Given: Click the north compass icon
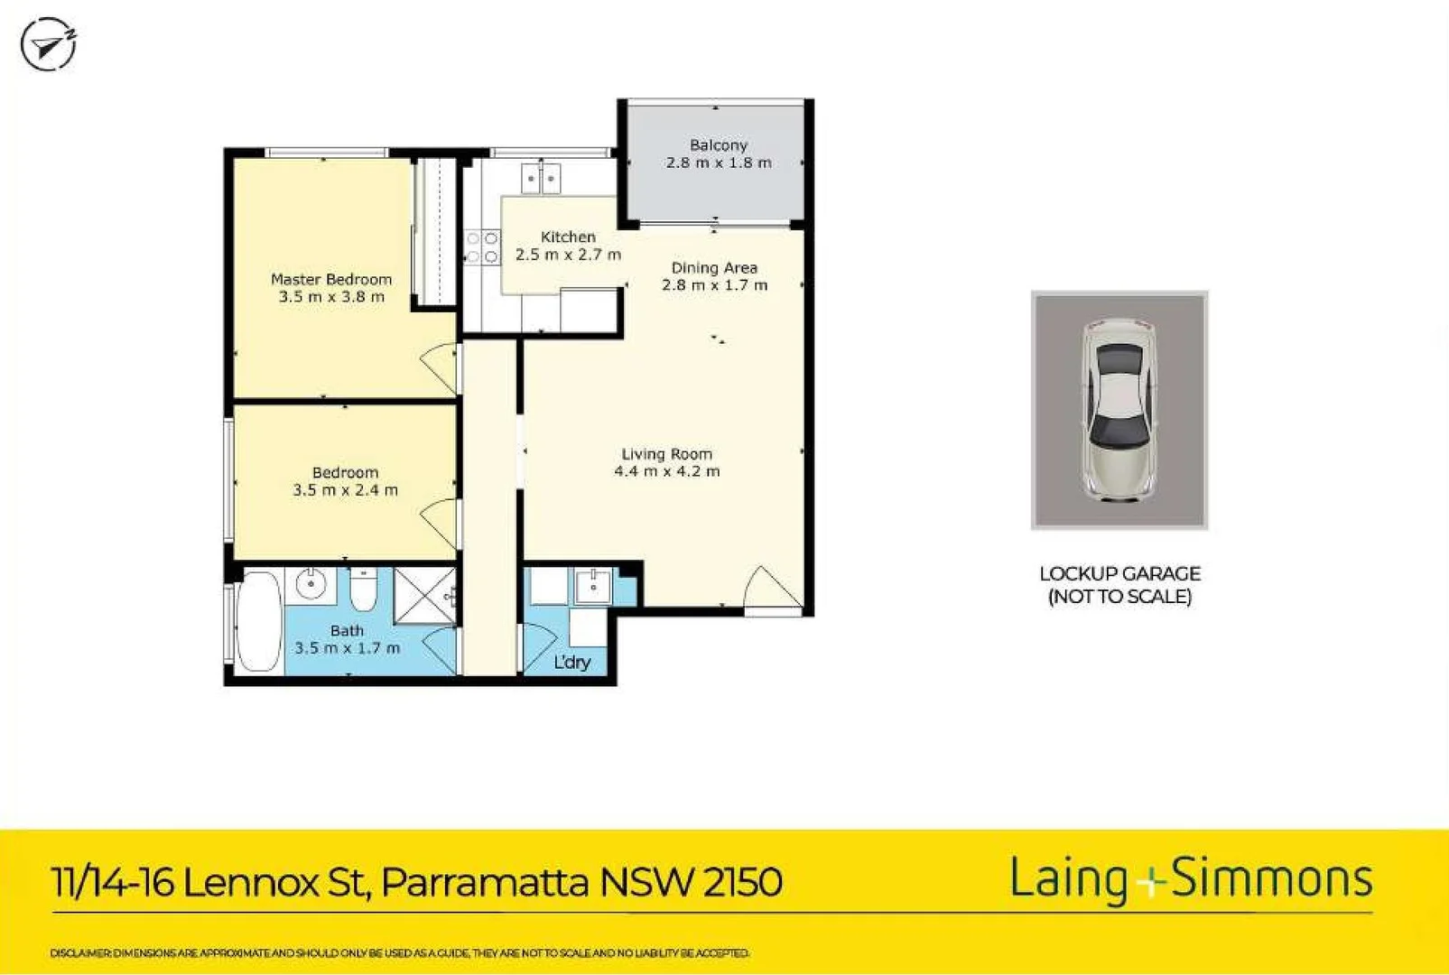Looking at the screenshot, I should [x=48, y=44].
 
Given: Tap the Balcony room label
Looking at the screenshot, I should [x=718, y=145].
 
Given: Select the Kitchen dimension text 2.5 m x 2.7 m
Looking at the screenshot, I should [x=568, y=255].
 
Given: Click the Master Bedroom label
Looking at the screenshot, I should [x=331, y=280].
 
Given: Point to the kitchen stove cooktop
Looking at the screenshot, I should [x=481, y=247].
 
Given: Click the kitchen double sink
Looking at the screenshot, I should [x=541, y=179].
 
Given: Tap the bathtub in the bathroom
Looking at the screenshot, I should [x=260, y=621].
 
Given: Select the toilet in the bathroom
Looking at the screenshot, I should [x=364, y=590].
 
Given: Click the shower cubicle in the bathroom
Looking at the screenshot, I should [x=425, y=595].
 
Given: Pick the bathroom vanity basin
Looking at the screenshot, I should [x=311, y=584].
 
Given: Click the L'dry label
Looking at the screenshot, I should [x=571, y=663].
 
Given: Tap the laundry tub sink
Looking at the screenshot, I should [x=593, y=587].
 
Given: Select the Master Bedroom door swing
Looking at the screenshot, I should [x=441, y=367].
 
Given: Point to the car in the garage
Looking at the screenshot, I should [x=1119, y=410].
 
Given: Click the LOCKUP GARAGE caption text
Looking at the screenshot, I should [x=1119, y=574].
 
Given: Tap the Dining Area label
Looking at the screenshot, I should [x=714, y=268].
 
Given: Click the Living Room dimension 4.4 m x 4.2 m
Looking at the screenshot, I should [x=667, y=471].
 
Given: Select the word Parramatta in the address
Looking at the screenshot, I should [x=485, y=882].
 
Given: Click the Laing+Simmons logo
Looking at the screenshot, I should [x=1191, y=878].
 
